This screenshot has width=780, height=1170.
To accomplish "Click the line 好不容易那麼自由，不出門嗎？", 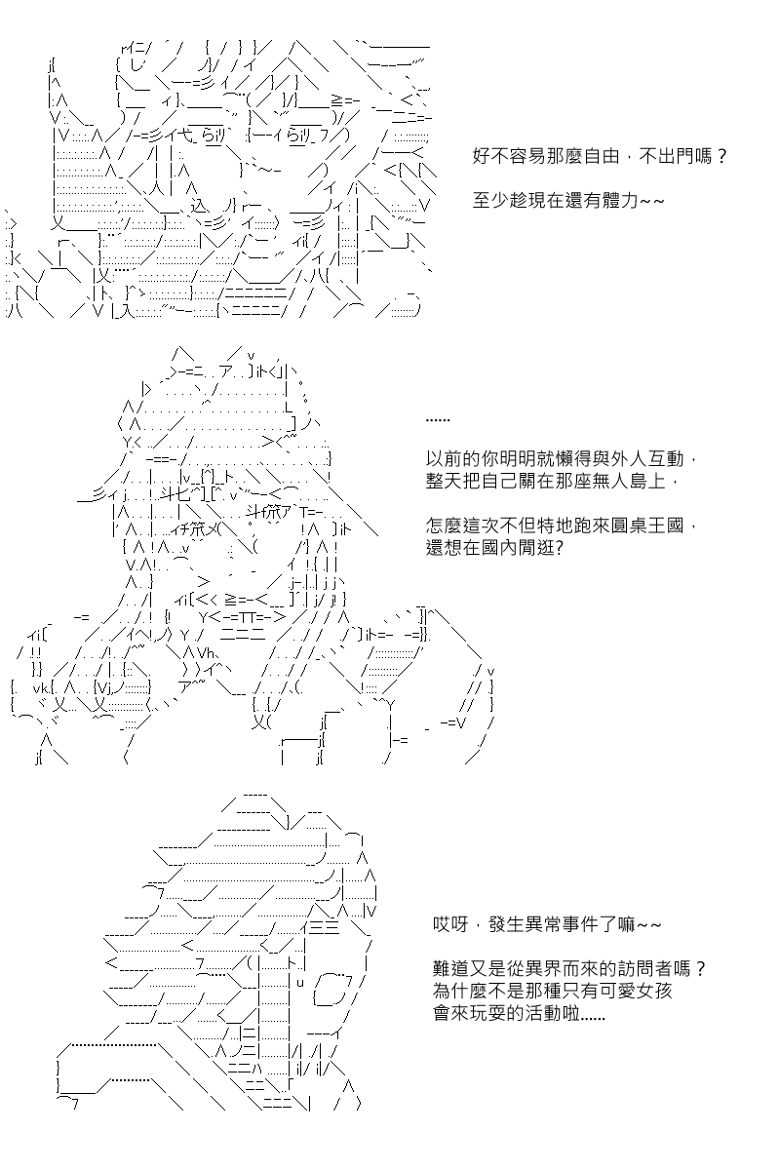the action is pyautogui.click(x=600, y=156).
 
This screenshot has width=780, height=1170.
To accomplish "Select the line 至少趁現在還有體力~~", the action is pyautogui.click(x=568, y=201).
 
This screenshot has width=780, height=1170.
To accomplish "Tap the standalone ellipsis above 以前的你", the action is pyautogui.click(x=437, y=420).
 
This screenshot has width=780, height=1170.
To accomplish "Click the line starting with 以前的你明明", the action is pyautogui.click(x=561, y=459).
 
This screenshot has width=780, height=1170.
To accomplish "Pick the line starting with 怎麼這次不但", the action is pyautogui.click(x=561, y=526).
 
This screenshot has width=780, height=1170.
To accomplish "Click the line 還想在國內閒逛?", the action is pyautogui.click(x=494, y=548).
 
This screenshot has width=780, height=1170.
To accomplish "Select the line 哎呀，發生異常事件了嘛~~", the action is pyautogui.click(x=547, y=925).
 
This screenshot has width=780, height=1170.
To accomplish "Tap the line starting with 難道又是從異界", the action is pyautogui.click(x=569, y=969).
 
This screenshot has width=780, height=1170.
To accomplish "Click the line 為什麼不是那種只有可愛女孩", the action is pyautogui.click(x=552, y=992).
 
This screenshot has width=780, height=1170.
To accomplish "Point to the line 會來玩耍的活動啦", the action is pyautogui.click(x=519, y=1014).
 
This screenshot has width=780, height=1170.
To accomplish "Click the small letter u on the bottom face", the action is pyautogui.click(x=300, y=983).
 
